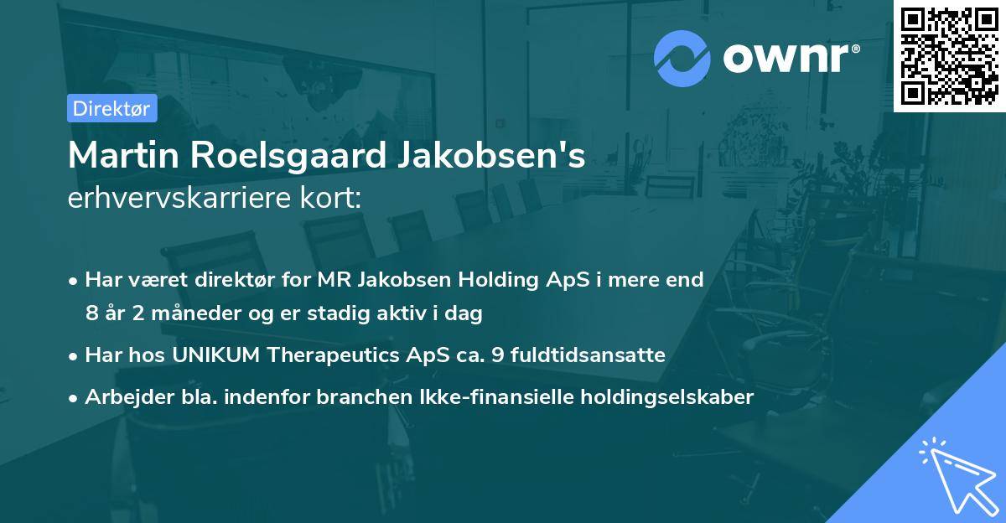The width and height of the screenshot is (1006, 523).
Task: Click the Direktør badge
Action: [x=111, y=108]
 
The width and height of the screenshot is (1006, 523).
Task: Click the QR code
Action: [x=950, y=55]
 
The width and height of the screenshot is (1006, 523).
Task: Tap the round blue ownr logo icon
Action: [x=682, y=58]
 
